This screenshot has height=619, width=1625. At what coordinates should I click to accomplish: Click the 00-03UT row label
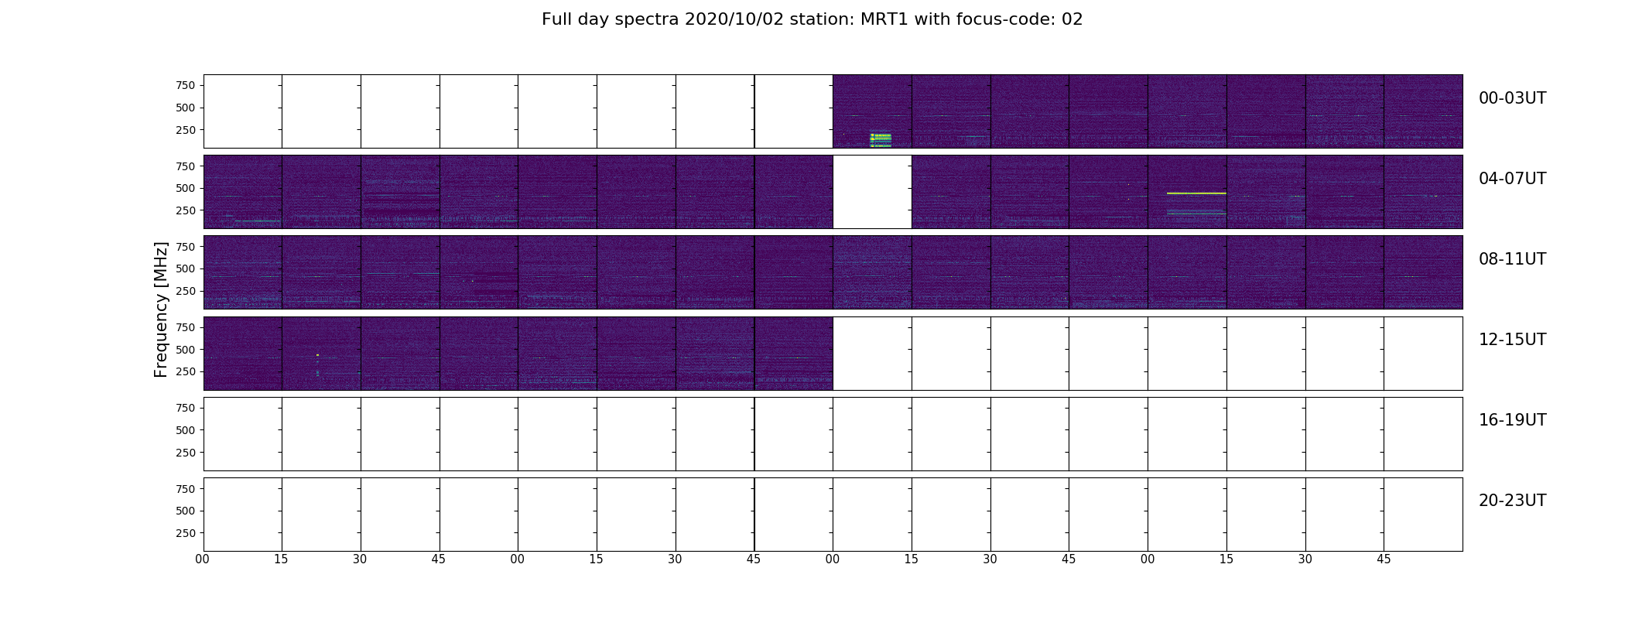1512,98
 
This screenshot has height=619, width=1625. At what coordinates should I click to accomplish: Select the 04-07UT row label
1512,179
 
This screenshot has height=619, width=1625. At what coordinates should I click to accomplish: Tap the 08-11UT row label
1512,259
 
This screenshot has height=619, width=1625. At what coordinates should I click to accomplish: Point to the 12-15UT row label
1512,340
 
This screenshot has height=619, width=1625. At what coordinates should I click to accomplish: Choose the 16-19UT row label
1512,420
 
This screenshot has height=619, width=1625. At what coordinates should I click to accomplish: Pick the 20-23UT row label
1512,501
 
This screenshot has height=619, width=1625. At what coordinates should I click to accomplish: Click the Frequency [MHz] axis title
161,309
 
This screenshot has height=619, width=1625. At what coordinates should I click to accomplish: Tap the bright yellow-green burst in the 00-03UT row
881,139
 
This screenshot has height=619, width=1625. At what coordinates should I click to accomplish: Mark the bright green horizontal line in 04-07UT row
1196,193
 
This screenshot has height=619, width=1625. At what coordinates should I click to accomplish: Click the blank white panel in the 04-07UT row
872,192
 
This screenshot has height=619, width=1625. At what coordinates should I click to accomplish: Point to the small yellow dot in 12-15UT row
317,355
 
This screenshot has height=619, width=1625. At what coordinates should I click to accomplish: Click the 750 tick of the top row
186,85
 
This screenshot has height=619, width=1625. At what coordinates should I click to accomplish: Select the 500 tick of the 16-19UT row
186,430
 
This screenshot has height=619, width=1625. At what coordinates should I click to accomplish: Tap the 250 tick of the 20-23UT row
186,533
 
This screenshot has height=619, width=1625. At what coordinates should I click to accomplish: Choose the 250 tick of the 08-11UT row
186,291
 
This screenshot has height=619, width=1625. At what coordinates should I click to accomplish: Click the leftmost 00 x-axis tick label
203,559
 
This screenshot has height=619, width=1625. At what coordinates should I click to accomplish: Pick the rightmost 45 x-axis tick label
1384,559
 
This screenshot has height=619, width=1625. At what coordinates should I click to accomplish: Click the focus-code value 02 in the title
1072,19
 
